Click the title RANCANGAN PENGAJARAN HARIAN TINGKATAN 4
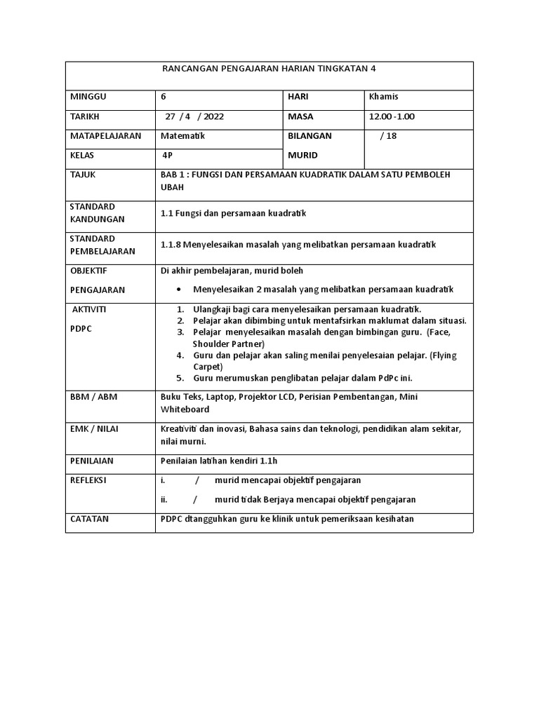[x=269, y=69]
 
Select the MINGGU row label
[x=86, y=97]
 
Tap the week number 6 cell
[x=165, y=97]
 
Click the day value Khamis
[x=383, y=97]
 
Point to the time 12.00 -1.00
[x=392, y=116]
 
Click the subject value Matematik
[x=183, y=136]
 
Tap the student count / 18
[x=388, y=136]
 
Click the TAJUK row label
[x=83, y=175]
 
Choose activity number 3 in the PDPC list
[x=180, y=332]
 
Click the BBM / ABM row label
[x=94, y=397]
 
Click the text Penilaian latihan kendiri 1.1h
[x=224, y=461]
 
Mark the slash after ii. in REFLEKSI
[x=197, y=500]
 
